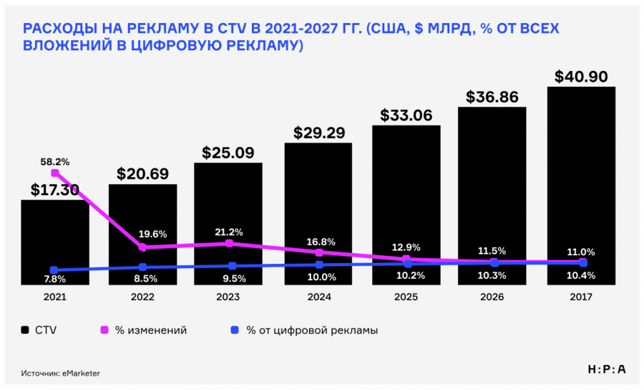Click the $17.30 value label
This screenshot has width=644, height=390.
tap(55, 190)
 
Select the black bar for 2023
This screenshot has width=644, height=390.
tap(228, 215)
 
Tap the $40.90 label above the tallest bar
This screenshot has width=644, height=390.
tap(581, 77)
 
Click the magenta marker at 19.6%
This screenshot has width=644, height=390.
tap(142, 247)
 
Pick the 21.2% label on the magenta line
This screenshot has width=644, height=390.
tap(229, 232)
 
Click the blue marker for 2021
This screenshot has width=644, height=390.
tap(54, 270)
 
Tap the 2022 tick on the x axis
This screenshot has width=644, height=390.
tap(142, 296)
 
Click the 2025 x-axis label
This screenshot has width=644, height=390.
tap(406, 296)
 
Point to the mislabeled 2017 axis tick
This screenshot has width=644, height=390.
tap(582, 296)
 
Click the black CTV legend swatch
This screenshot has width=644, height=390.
tap(26, 330)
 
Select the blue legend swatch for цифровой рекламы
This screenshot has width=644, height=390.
tap(233, 330)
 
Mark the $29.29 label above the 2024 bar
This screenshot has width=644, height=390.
tap(319, 133)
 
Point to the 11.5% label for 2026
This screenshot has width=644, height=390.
tap(493, 251)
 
